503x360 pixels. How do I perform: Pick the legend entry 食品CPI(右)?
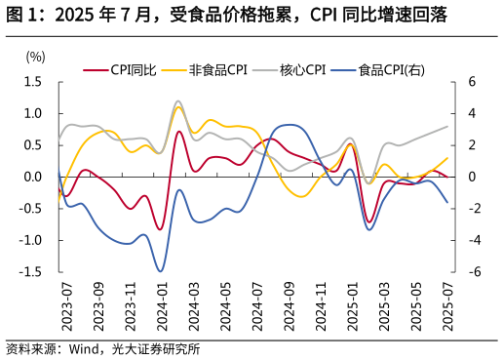[x=391, y=69]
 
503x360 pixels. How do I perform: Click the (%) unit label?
[x=35, y=57]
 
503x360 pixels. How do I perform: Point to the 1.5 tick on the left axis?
[x=35, y=82]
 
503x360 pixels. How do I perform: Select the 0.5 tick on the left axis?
[x=35, y=145]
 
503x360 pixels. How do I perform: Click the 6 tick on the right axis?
[x=470, y=82]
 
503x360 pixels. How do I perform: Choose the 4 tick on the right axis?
[x=470, y=114]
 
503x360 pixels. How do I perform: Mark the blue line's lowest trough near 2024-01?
[x=160, y=271]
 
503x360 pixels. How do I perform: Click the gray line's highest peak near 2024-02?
[x=177, y=100]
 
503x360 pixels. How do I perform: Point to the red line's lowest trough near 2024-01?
[x=159, y=230]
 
